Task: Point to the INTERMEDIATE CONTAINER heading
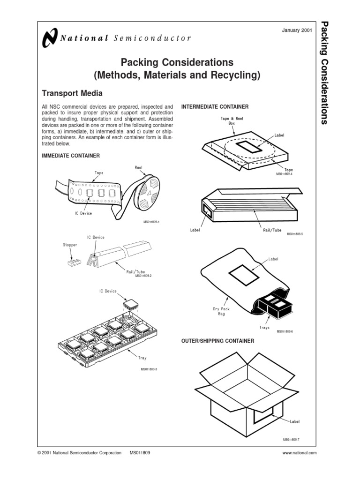(215, 107)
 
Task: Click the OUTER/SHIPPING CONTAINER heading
(217, 341)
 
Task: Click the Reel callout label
(138, 167)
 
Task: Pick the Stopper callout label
(70, 244)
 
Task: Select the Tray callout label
(142, 358)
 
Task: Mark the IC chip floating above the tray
(131, 306)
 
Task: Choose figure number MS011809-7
(291, 439)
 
